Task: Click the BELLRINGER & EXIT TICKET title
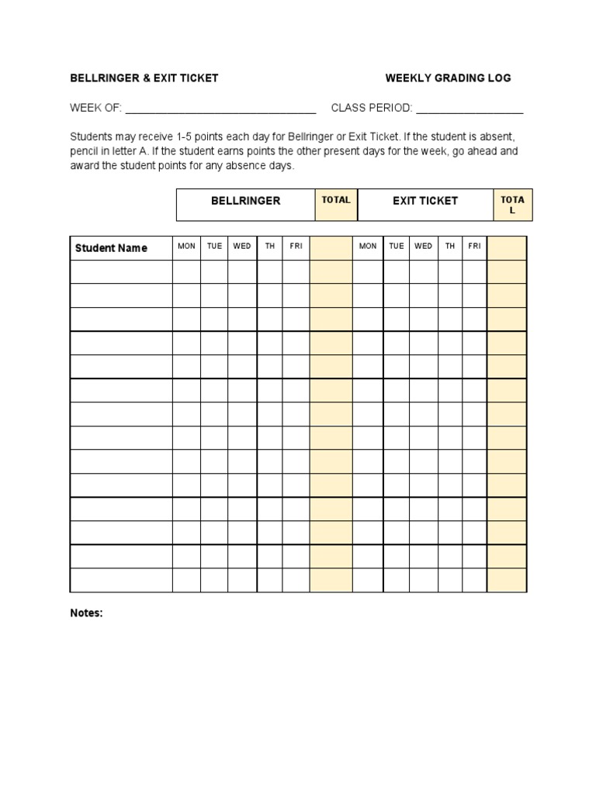coord(144,78)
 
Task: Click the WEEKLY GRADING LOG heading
coord(448,78)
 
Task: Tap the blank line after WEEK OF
coord(220,109)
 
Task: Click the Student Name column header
coord(111,248)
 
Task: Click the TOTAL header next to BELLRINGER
coord(336,200)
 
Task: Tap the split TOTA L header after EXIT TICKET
coord(512,205)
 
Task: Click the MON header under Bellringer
coord(186,247)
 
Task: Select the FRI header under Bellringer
coord(296,247)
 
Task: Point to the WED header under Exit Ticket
coord(423,247)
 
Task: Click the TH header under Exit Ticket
coord(450,247)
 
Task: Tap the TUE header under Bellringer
coord(214,247)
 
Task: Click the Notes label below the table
coord(86,613)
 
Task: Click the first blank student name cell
coord(121,272)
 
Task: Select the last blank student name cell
coord(121,580)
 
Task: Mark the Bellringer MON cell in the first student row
coord(186,272)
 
